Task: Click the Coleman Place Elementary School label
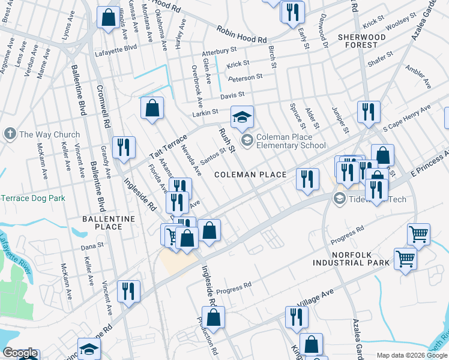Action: [291, 141]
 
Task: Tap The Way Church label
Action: [49, 134]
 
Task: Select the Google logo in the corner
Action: [20, 353]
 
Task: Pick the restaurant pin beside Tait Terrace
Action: [124, 147]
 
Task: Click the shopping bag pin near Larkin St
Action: [152, 109]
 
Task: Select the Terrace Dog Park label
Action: [31, 198]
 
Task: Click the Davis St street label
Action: [232, 95]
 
